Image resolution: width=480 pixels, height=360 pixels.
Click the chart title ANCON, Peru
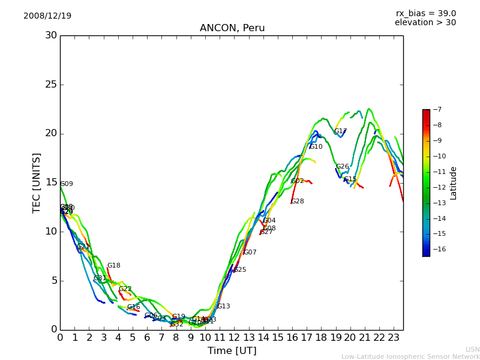[232, 28]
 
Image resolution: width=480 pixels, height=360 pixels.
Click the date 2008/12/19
[47, 16]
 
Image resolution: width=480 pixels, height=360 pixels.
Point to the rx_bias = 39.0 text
[425, 13]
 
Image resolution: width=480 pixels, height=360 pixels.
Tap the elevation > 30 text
[425, 23]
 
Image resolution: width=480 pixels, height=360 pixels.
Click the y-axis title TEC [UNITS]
[37, 182]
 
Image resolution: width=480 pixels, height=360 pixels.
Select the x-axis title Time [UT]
[232, 351]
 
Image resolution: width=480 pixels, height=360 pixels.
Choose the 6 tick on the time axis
[147, 338]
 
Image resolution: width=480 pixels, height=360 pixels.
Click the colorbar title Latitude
[454, 182]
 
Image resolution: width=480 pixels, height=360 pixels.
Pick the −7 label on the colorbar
[436, 110]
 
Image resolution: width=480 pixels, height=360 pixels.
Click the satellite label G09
[67, 184]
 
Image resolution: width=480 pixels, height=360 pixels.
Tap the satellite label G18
[113, 266]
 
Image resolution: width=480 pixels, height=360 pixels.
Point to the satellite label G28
[297, 202]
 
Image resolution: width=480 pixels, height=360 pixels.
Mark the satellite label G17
[340, 131]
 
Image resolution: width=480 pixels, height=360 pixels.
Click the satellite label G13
[223, 307]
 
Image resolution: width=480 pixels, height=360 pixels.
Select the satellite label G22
[125, 289]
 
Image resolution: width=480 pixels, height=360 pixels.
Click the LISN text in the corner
[472, 349]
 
